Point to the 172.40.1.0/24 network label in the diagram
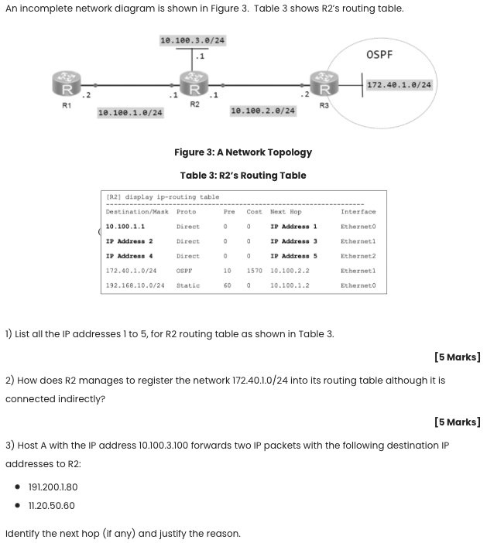[x=400, y=84]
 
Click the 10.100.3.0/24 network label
[x=192, y=39]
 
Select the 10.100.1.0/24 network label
[x=130, y=113]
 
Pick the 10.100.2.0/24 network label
[x=263, y=111]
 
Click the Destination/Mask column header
[x=137, y=211]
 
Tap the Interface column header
[x=358, y=211]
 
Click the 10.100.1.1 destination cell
[x=125, y=227]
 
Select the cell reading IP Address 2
[x=129, y=241]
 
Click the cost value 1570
[x=254, y=271]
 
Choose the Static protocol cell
[x=188, y=285]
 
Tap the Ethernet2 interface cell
[x=358, y=256]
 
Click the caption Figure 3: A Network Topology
[x=243, y=152]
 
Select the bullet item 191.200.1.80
[x=53, y=487]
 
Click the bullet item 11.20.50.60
[x=51, y=506]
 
